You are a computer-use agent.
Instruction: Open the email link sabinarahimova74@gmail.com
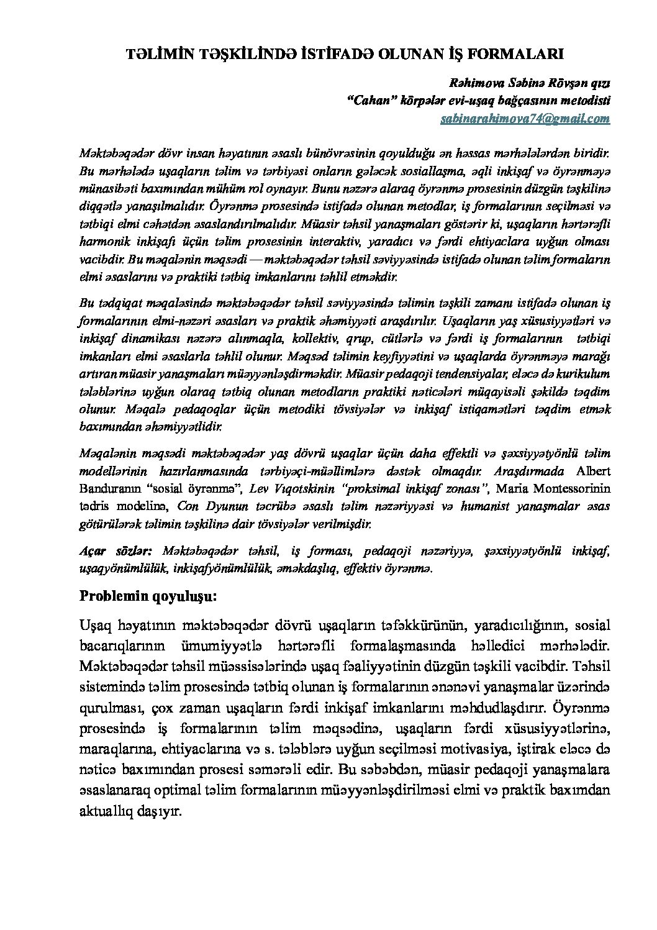(525, 118)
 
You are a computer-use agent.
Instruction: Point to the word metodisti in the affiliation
(587, 101)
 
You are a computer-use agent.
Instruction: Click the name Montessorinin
(573, 488)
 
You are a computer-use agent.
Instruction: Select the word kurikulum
(581, 375)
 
